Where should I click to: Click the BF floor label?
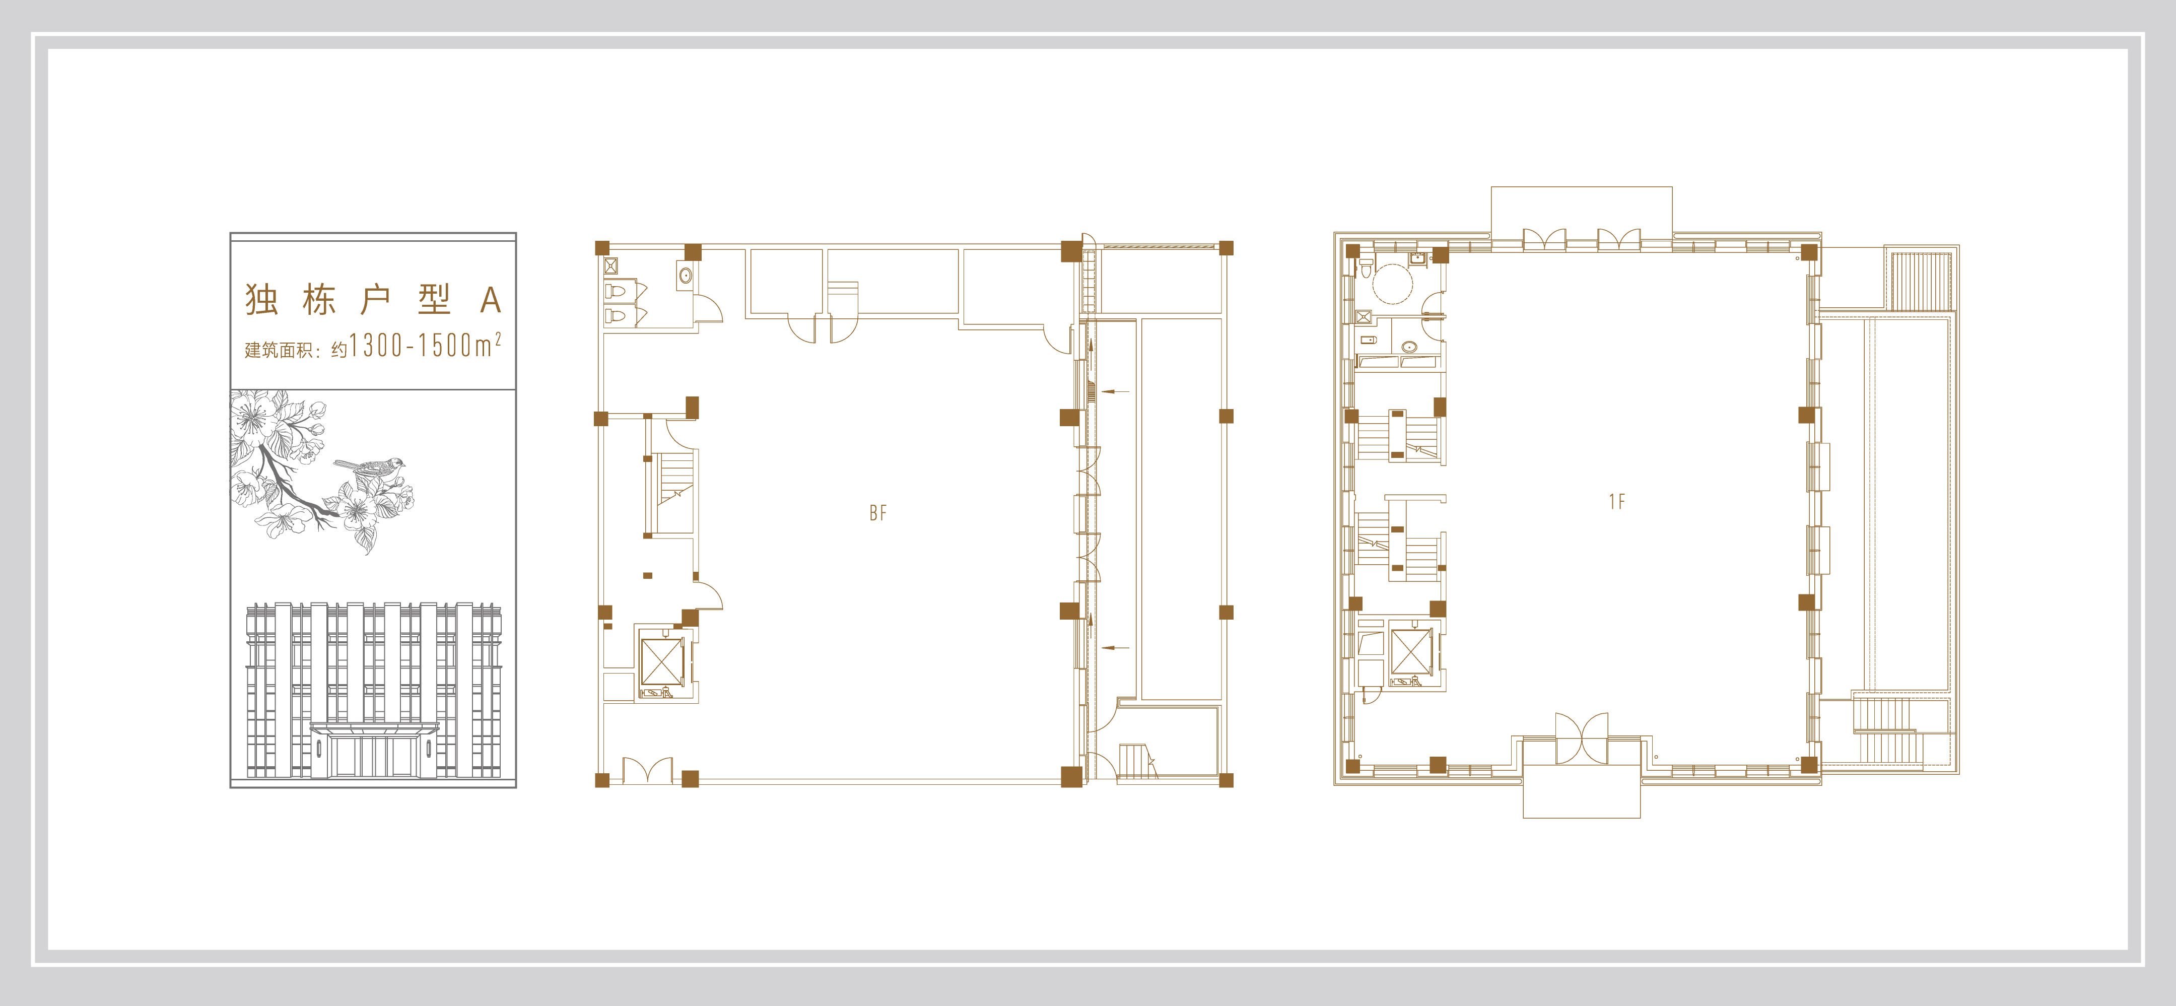coord(877,513)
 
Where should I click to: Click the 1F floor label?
coord(1616,502)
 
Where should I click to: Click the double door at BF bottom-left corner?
coord(648,770)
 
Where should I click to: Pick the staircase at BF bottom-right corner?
coord(1137,761)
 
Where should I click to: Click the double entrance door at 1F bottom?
coord(1581,738)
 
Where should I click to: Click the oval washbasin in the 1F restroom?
coord(1409,346)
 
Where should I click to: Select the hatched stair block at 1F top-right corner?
coord(1921,281)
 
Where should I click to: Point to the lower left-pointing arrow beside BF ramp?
coord(1116,648)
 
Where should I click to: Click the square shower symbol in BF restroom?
coord(610,265)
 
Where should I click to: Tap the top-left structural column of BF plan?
coord(602,247)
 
